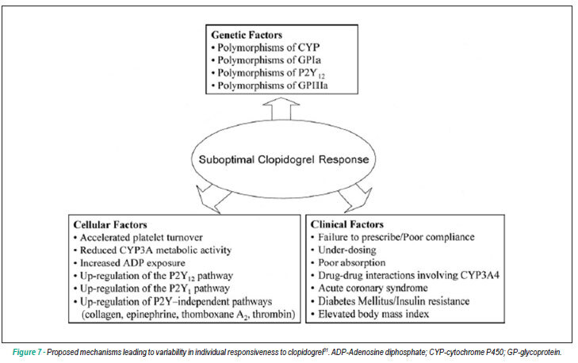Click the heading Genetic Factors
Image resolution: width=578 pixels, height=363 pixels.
[x=247, y=35]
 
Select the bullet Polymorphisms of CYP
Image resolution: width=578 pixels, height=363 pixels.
[x=266, y=48]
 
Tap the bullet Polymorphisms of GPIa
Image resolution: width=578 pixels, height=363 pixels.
[x=266, y=60]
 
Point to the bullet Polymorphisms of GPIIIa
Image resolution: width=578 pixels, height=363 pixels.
[x=270, y=86]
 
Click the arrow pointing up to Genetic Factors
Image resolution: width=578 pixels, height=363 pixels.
[x=281, y=109]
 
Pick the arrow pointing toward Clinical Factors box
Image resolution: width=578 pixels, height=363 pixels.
[x=355, y=199]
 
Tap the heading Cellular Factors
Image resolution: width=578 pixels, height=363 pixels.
[x=110, y=225]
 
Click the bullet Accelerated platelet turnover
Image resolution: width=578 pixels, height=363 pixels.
[x=138, y=238]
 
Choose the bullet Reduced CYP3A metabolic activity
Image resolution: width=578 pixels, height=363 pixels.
[x=152, y=250]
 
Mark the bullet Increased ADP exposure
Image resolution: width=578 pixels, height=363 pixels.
[x=129, y=263]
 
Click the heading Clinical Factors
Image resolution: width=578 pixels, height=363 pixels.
[x=346, y=224]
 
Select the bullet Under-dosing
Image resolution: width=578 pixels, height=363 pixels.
[x=343, y=250]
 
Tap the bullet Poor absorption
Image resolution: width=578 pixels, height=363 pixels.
[x=348, y=263]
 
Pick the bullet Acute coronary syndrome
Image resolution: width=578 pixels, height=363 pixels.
[x=369, y=288]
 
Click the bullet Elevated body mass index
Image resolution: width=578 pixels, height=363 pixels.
[x=370, y=314]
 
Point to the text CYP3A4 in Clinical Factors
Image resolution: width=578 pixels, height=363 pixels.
[x=480, y=275]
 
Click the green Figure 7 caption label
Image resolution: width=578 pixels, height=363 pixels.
[x=27, y=353]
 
